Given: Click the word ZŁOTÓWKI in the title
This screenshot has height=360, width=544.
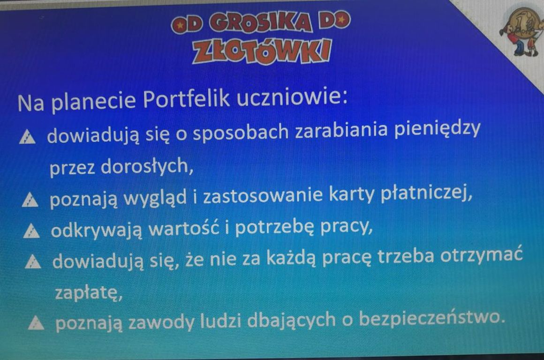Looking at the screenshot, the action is click(x=262, y=52).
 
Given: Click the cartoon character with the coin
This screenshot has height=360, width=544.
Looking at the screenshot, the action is click(x=521, y=32).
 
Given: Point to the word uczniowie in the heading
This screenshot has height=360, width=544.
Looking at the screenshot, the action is click(x=292, y=97).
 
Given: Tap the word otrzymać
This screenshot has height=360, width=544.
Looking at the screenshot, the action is click(x=481, y=255).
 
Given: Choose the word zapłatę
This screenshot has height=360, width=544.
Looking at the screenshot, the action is click(x=89, y=292).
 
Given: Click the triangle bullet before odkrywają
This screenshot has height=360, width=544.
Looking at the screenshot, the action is click(x=31, y=231).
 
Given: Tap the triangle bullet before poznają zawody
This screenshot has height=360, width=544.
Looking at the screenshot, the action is click(x=36, y=322).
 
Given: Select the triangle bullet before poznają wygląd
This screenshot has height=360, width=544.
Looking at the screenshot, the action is click(x=30, y=200).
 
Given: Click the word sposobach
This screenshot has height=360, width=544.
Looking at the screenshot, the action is click(x=241, y=132).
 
